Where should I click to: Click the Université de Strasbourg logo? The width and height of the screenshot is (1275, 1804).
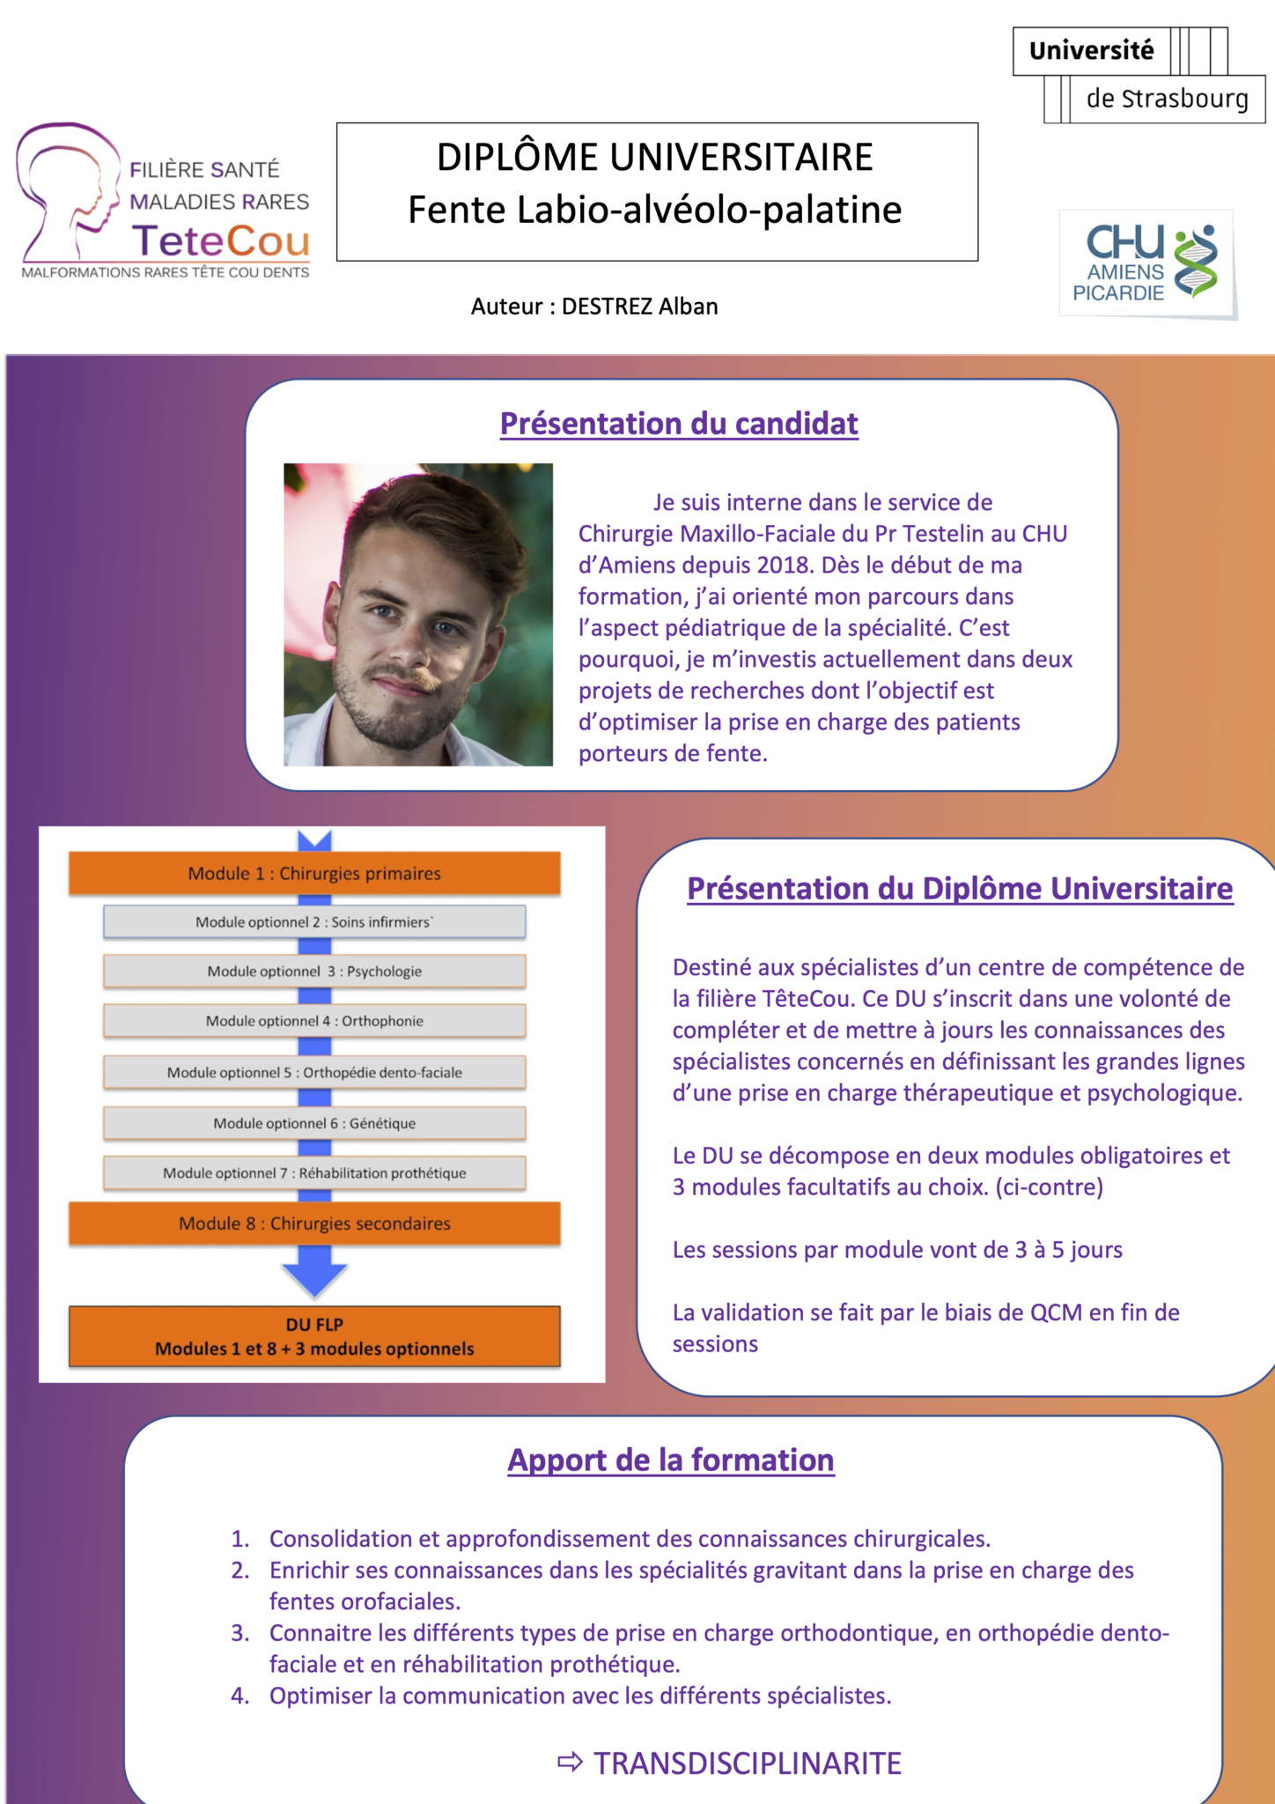pyautogui.click(x=1138, y=75)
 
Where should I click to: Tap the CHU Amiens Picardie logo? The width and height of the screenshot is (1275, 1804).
pyautogui.click(x=1147, y=263)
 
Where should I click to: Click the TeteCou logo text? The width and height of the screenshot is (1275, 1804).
pyautogui.click(x=220, y=240)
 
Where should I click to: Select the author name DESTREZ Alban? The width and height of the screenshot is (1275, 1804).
pyautogui.click(x=639, y=307)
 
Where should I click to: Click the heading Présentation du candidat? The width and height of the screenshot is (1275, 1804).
pyautogui.click(x=679, y=424)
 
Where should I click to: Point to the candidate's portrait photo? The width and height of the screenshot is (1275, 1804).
pyautogui.click(x=418, y=614)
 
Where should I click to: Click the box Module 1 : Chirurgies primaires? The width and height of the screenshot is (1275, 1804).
pyautogui.click(x=314, y=874)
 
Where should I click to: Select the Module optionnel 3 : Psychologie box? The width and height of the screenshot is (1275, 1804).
pyautogui.click(x=314, y=972)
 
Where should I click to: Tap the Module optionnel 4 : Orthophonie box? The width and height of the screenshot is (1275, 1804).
pyautogui.click(x=314, y=1021)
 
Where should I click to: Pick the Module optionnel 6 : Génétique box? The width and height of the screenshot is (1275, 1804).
pyautogui.click(x=314, y=1123)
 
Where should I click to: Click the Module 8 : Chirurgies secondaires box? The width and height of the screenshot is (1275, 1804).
pyautogui.click(x=314, y=1224)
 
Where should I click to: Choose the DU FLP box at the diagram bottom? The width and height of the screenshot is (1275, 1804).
pyautogui.click(x=314, y=1336)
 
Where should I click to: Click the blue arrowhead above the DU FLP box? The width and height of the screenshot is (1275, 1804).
pyautogui.click(x=314, y=1277)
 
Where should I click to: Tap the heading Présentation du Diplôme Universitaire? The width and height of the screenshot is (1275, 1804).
pyautogui.click(x=960, y=889)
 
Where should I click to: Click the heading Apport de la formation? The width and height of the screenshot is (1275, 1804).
pyautogui.click(x=671, y=1460)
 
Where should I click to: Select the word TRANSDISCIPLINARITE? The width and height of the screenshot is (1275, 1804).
pyautogui.click(x=748, y=1763)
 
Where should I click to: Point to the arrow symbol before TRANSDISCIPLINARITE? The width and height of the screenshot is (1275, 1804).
pyautogui.click(x=571, y=1763)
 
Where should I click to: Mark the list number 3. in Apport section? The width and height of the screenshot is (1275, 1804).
pyautogui.click(x=240, y=1633)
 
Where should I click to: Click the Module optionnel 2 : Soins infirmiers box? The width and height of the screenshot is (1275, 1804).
pyautogui.click(x=314, y=922)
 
